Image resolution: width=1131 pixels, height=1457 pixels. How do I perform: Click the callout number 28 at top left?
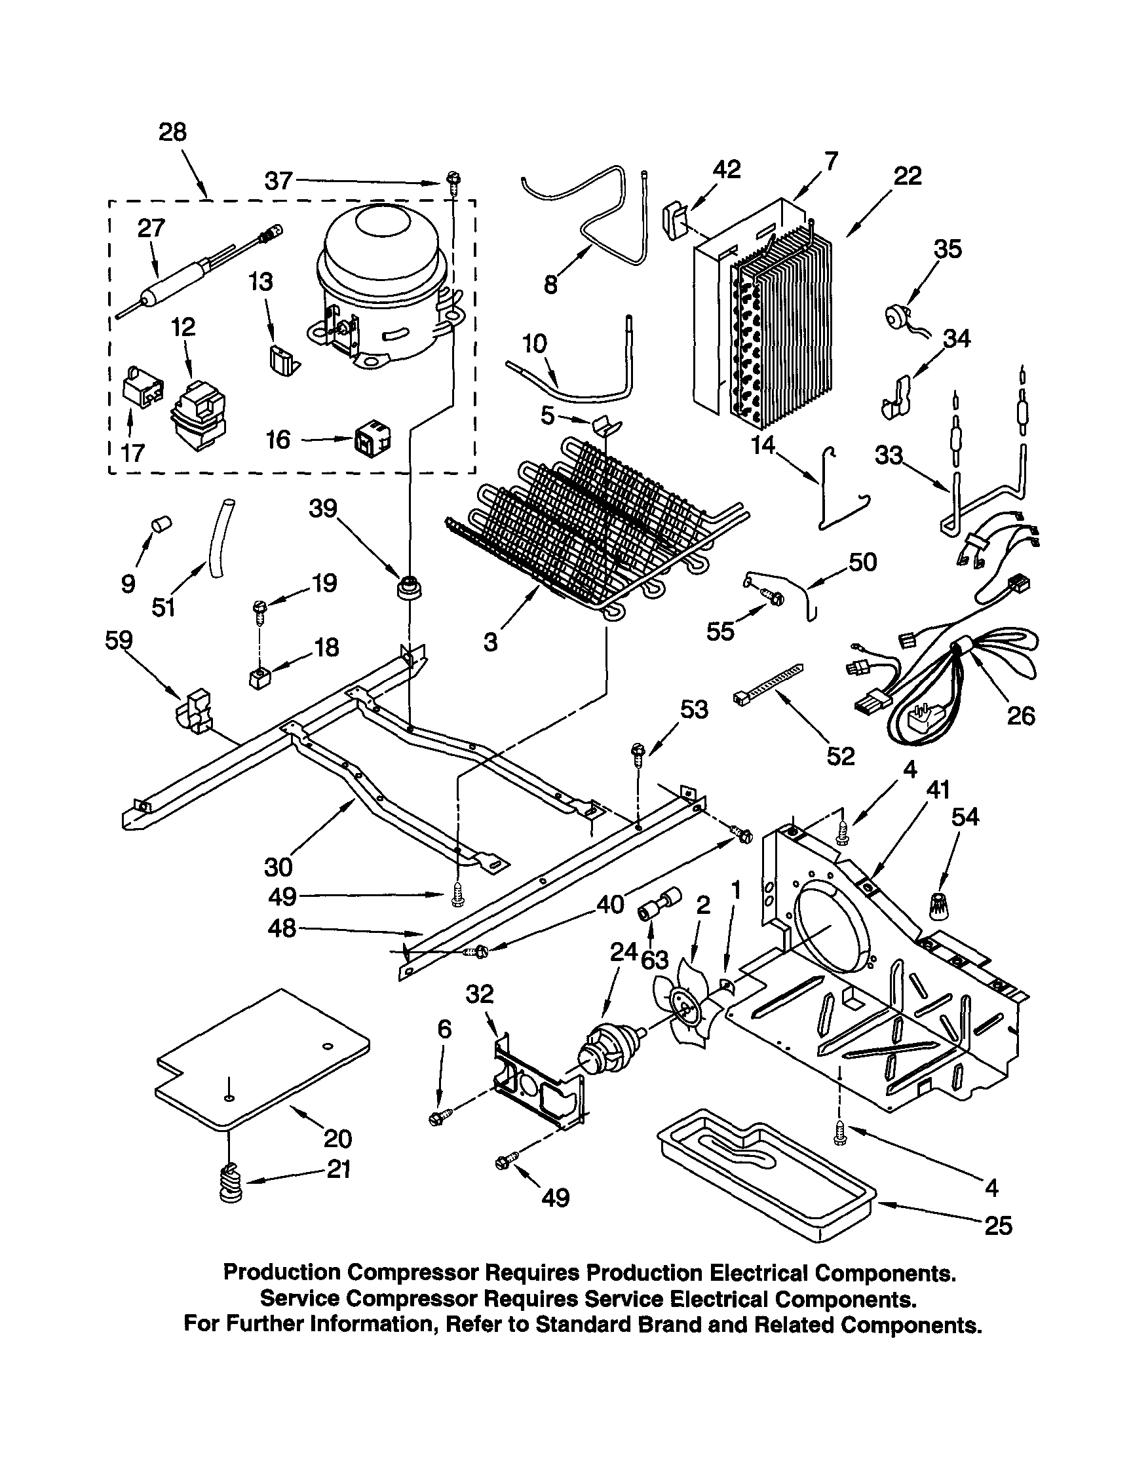tap(172, 132)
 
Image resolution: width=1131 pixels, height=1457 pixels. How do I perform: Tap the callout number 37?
tap(278, 181)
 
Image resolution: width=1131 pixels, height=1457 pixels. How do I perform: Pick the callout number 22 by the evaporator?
tap(908, 176)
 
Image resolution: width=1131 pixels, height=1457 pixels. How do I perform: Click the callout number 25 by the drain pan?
tap(997, 1225)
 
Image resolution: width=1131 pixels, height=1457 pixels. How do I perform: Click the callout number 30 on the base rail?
tap(278, 867)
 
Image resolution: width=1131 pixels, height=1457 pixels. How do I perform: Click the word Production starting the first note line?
tap(281, 1272)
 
